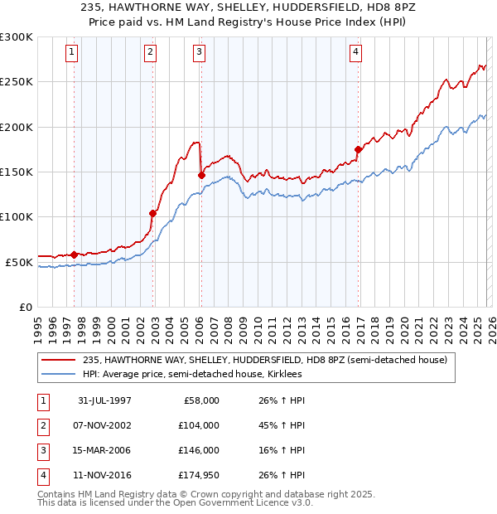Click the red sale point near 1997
(x=75, y=255)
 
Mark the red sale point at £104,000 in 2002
(x=152, y=213)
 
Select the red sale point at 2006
(x=201, y=175)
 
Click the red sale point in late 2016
(x=358, y=149)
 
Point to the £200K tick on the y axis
(x=17, y=127)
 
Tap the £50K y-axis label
(x=19, y=262)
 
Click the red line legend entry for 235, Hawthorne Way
(x=265, y=360)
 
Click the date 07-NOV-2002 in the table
(x=101, y=425)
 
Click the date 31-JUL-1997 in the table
(x=101, y=400)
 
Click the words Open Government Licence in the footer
(x=248, y=502)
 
